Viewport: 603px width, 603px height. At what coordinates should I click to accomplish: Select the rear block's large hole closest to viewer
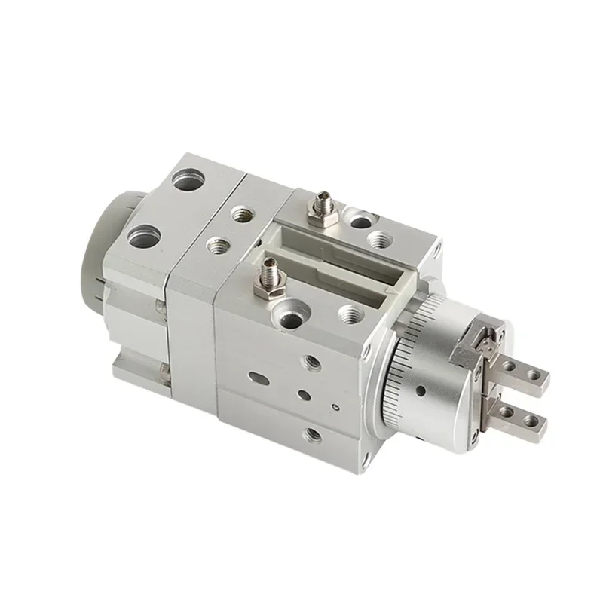point(141,239)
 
